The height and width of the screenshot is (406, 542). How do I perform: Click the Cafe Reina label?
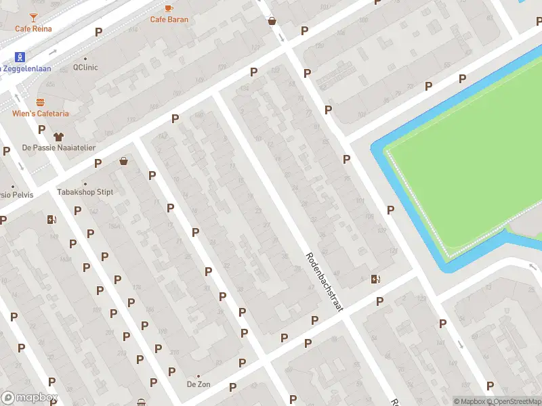pyautogui.click(x=34, y=28)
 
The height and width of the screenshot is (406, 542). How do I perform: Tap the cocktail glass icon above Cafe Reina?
pyautogui.click(x=34, y=16)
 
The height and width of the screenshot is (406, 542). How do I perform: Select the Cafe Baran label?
pyautogui.click(x=169, y=20)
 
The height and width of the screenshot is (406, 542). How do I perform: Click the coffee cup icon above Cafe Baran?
pyautogui.click(x=169, y=7)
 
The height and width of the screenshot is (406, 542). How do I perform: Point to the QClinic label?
pyautogui.click(x=85, y=68)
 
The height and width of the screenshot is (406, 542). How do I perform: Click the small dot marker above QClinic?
pyautogui.click(x=85, y=59)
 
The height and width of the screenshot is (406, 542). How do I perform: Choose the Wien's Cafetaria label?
pyautogui.click(x=40, y=114)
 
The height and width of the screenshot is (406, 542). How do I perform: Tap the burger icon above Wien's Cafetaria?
pyautogui.click(x=40, y=102)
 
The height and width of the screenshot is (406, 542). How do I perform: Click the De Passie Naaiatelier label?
pyautogui.click(x=59, y=148)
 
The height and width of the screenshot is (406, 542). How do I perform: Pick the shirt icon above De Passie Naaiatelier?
pyautogui.click(x=58, y=135)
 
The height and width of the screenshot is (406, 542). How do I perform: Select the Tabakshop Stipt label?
pyautogui.click(x=85, y=192)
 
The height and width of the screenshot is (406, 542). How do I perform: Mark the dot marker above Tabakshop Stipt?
pyautogui.click(x=85, y=183)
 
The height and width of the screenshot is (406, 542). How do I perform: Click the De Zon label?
pyautogui.click(x=199, y=384)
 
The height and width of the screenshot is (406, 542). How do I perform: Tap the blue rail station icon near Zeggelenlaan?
pyautogui.click(x=20, y=57)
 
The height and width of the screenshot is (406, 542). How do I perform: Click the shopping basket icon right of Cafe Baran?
pyautogui.click(x=272, y=21)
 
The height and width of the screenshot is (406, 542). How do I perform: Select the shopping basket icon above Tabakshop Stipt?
pyautogui.click(x=123, y=161)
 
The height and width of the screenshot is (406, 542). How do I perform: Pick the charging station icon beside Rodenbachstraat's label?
pyautogui.click(x=375, y=279)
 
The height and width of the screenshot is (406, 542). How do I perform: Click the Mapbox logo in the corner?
pyautogui.click(x=30, y=398)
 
